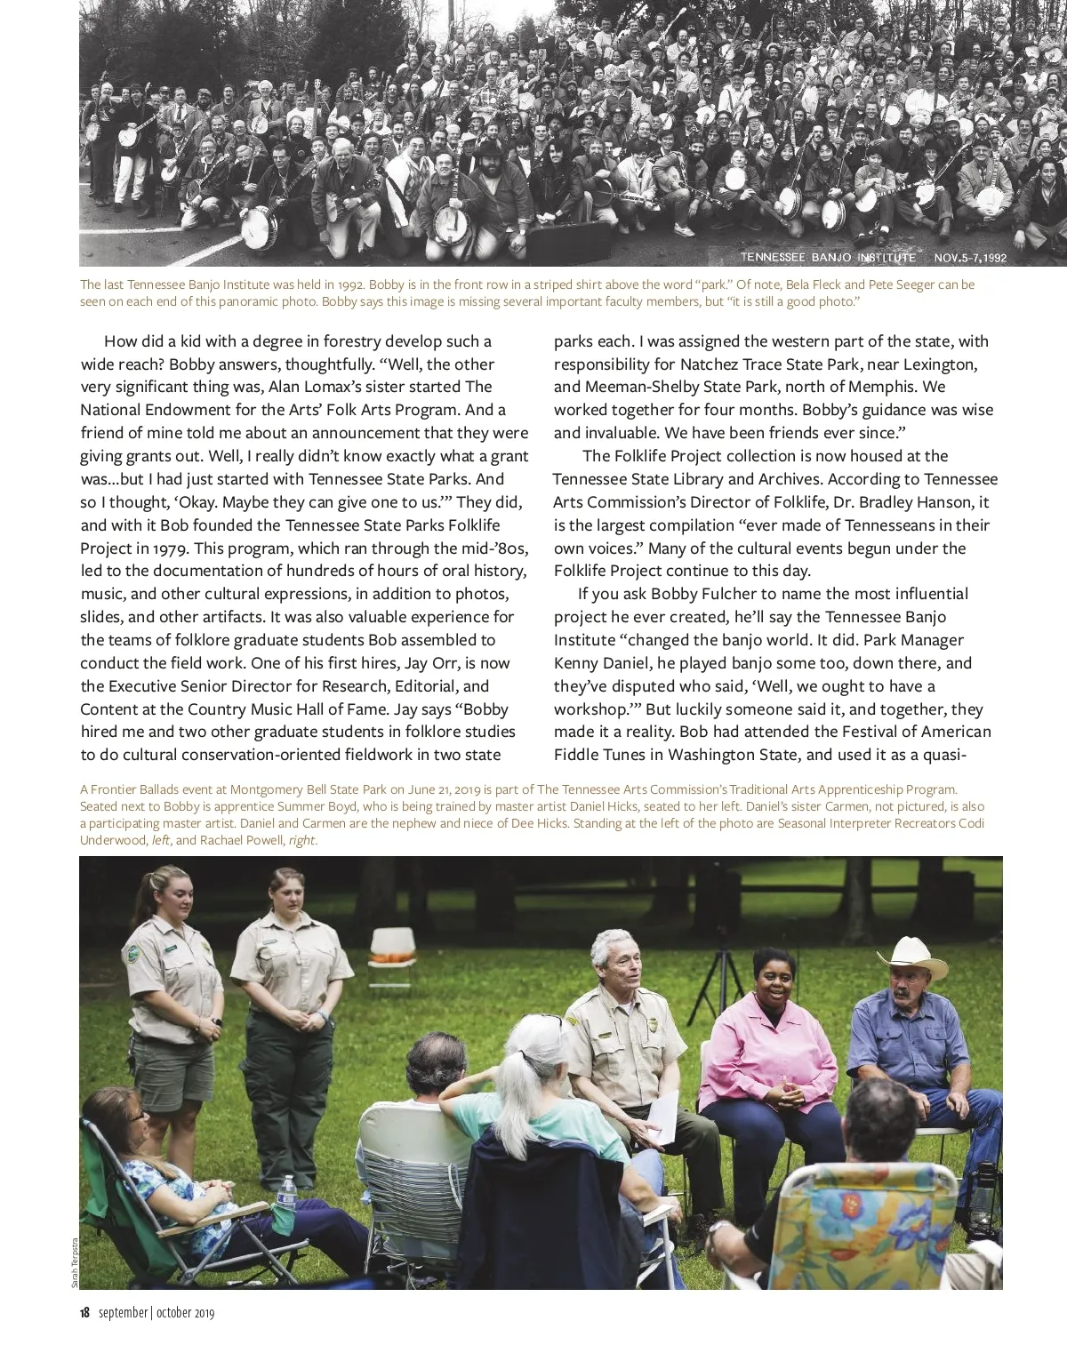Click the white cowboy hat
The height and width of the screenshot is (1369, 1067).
912,959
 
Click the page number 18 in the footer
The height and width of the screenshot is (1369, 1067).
84,1313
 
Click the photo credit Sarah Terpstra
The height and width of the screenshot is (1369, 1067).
75,1263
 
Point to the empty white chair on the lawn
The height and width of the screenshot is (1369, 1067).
391,954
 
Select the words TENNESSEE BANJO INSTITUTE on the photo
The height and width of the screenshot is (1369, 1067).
828,258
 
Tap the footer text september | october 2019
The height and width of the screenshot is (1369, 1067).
156,1313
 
